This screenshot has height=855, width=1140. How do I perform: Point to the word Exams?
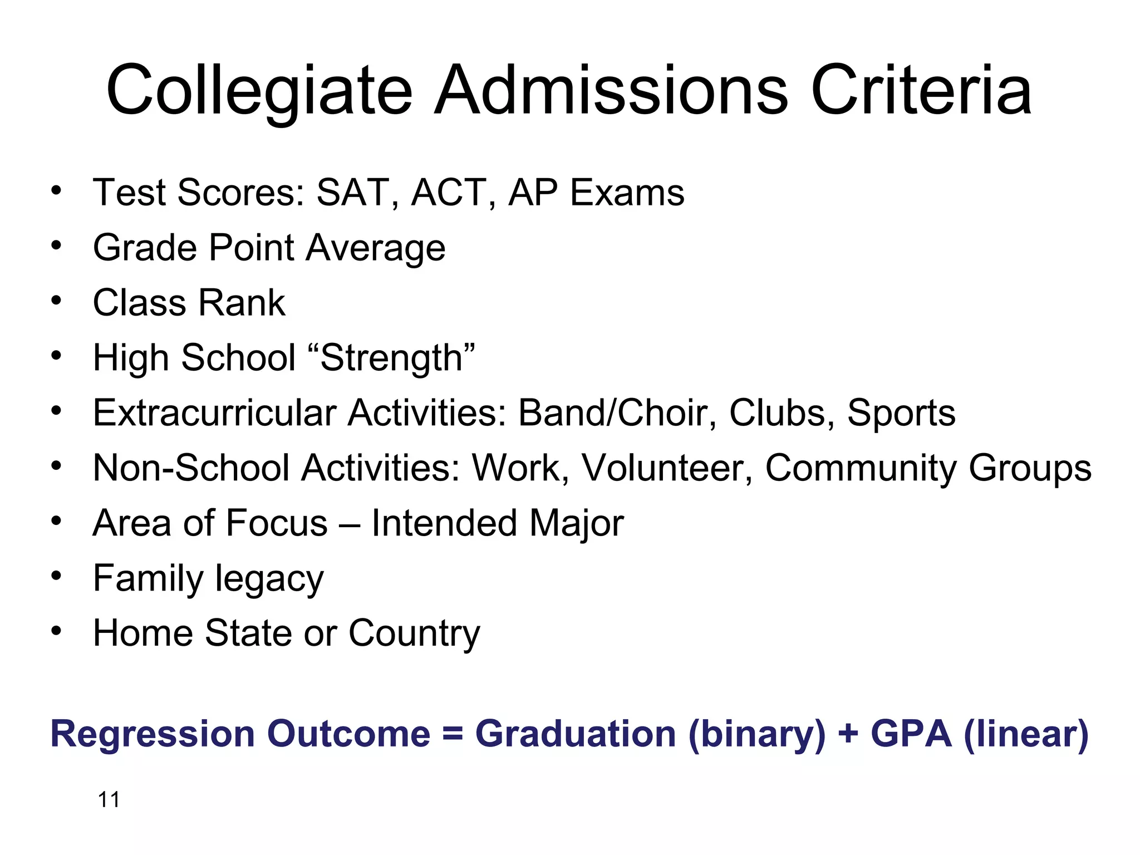627,193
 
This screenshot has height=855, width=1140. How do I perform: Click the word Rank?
242,303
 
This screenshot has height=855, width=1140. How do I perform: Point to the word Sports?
901,413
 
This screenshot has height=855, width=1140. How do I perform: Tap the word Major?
576,523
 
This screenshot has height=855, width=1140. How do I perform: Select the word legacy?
269,579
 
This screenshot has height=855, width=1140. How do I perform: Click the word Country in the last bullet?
414,633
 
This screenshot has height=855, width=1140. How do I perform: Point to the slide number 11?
109,800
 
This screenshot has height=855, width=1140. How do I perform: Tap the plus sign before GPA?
848,734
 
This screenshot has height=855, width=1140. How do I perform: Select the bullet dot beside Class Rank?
56,301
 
